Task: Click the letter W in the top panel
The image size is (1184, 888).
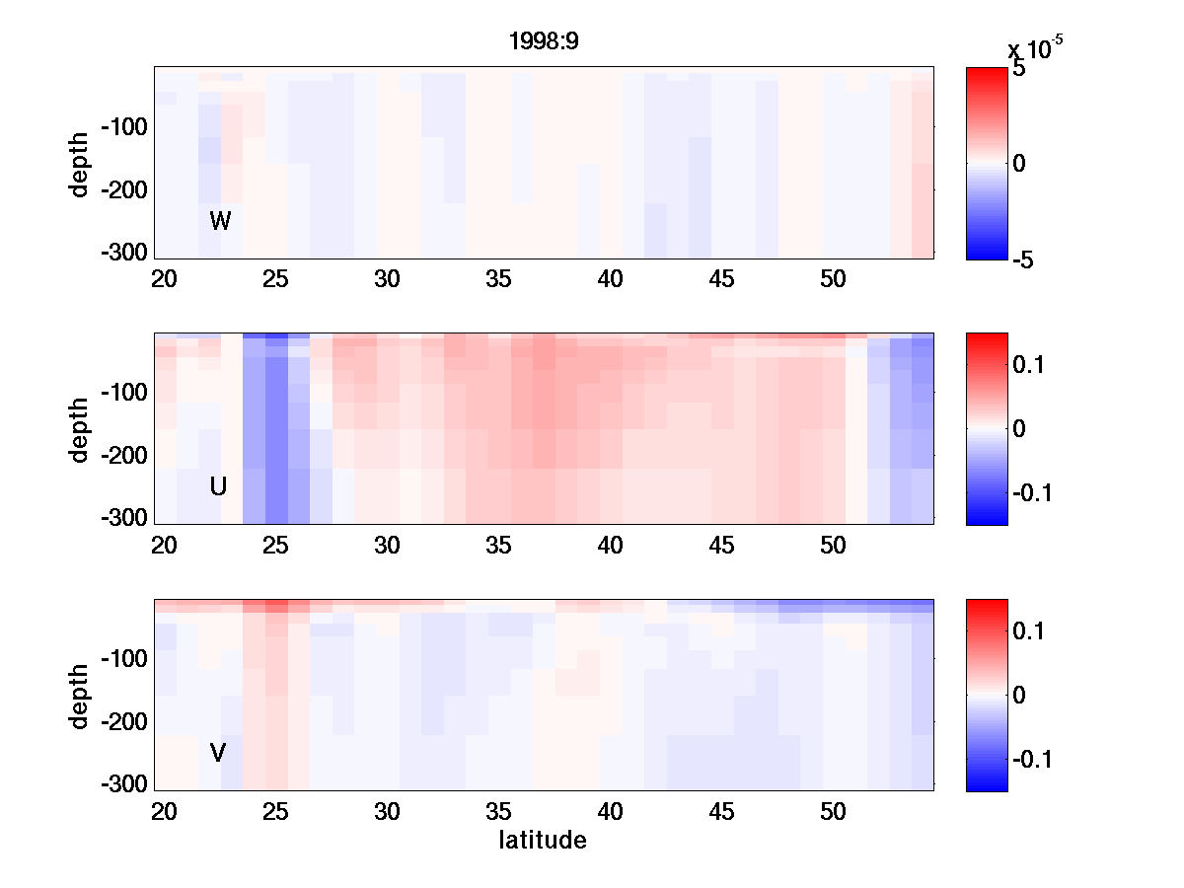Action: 220,221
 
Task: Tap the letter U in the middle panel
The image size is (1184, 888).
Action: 218,486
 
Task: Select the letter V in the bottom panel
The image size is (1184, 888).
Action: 218,753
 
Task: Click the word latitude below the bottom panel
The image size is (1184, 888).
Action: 543,841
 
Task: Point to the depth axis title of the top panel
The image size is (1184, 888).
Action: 80,163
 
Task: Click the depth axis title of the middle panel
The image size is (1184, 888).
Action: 80,429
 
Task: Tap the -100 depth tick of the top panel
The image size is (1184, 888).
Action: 123,127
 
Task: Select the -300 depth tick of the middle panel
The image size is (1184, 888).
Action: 123,517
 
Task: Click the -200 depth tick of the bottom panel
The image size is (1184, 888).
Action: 123,722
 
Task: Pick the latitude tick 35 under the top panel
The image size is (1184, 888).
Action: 499,280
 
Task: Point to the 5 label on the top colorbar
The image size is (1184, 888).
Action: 1019,70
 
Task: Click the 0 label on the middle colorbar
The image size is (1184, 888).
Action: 1020,428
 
